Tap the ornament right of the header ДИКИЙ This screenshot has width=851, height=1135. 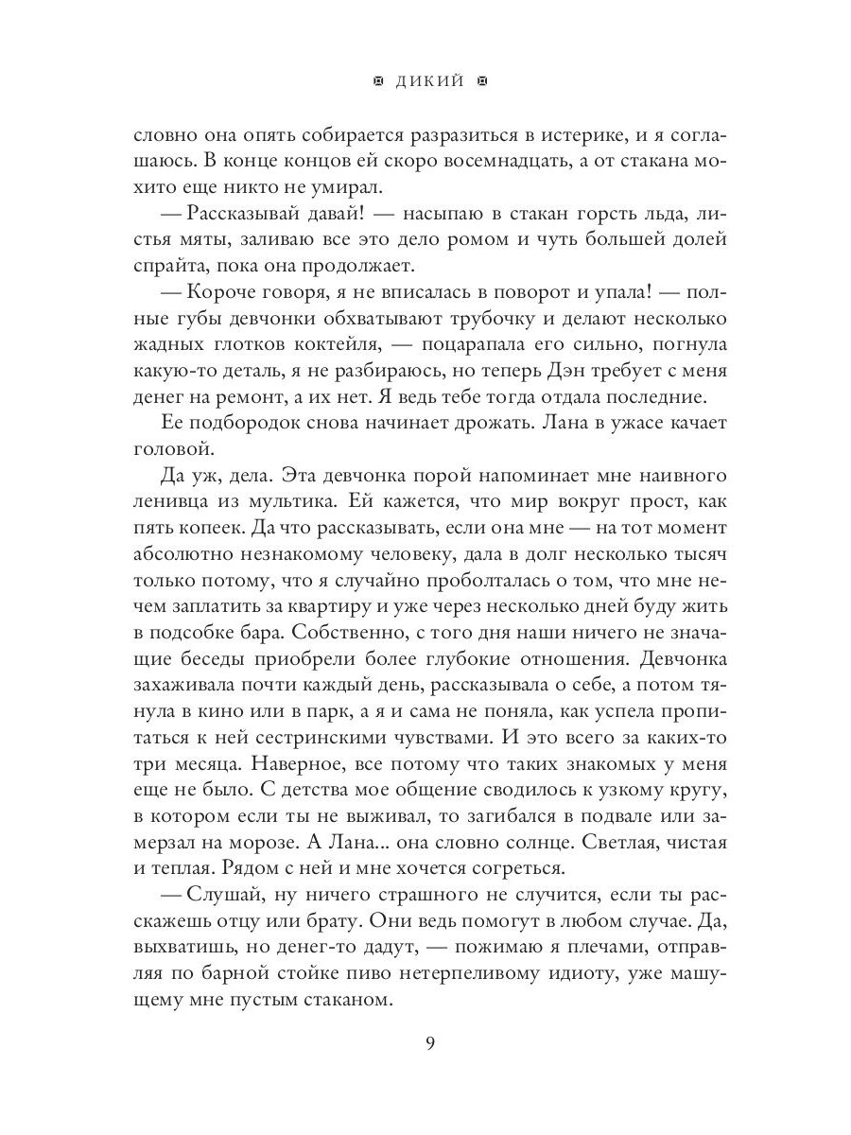(481, 81)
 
